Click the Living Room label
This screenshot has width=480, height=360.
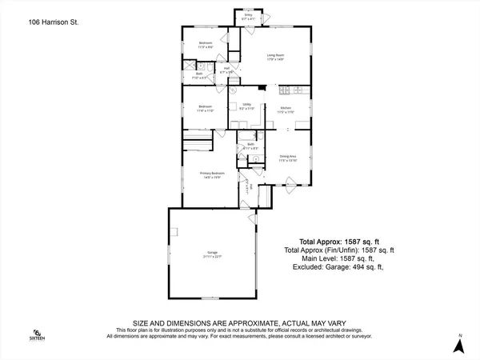coord(276,57)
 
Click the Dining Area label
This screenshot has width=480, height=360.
coord(288,158)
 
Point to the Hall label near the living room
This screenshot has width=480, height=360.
coord(227,70)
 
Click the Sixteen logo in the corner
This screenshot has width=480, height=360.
coord(35,335)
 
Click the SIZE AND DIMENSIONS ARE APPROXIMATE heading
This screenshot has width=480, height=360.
coord(240,320)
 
